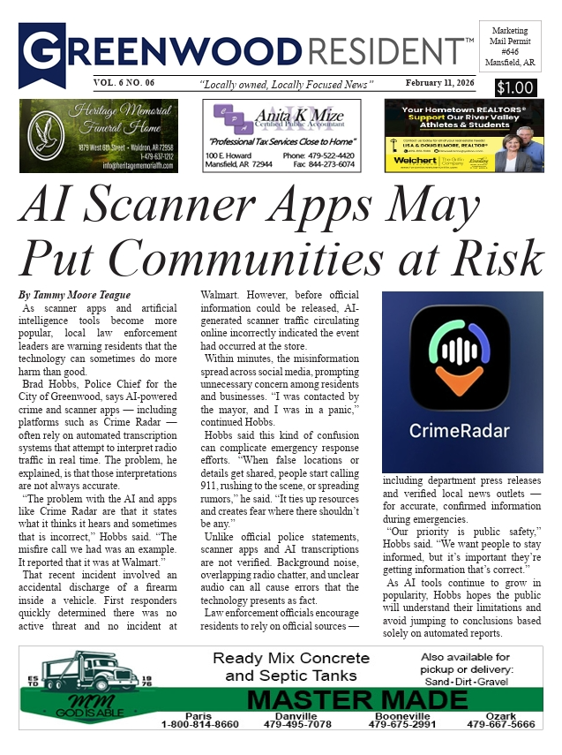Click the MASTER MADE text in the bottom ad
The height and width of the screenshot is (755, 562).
click(x=356, y=700)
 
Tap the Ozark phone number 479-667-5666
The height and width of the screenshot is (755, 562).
click(x=500, y=725)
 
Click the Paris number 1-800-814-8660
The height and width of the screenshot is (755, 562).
click(x=199, y=725)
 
